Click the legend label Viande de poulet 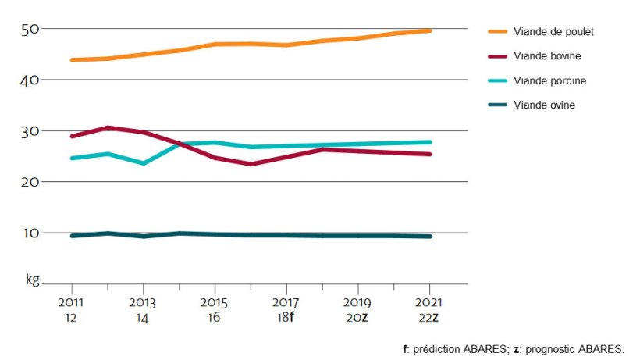tap(553, 31)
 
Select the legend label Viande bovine tap(547, 56)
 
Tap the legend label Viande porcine tap(549, 80)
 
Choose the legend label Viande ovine tap(544, 105)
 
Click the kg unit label tap(32, 279)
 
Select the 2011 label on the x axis tap(71, 301)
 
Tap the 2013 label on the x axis tap(143, 301)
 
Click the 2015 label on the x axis tap(215, 301)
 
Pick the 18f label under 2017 tap(286, 319)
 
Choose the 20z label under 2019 tap(358, 319)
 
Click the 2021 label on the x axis tap(429, 301)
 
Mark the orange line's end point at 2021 tap(430, 30)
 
